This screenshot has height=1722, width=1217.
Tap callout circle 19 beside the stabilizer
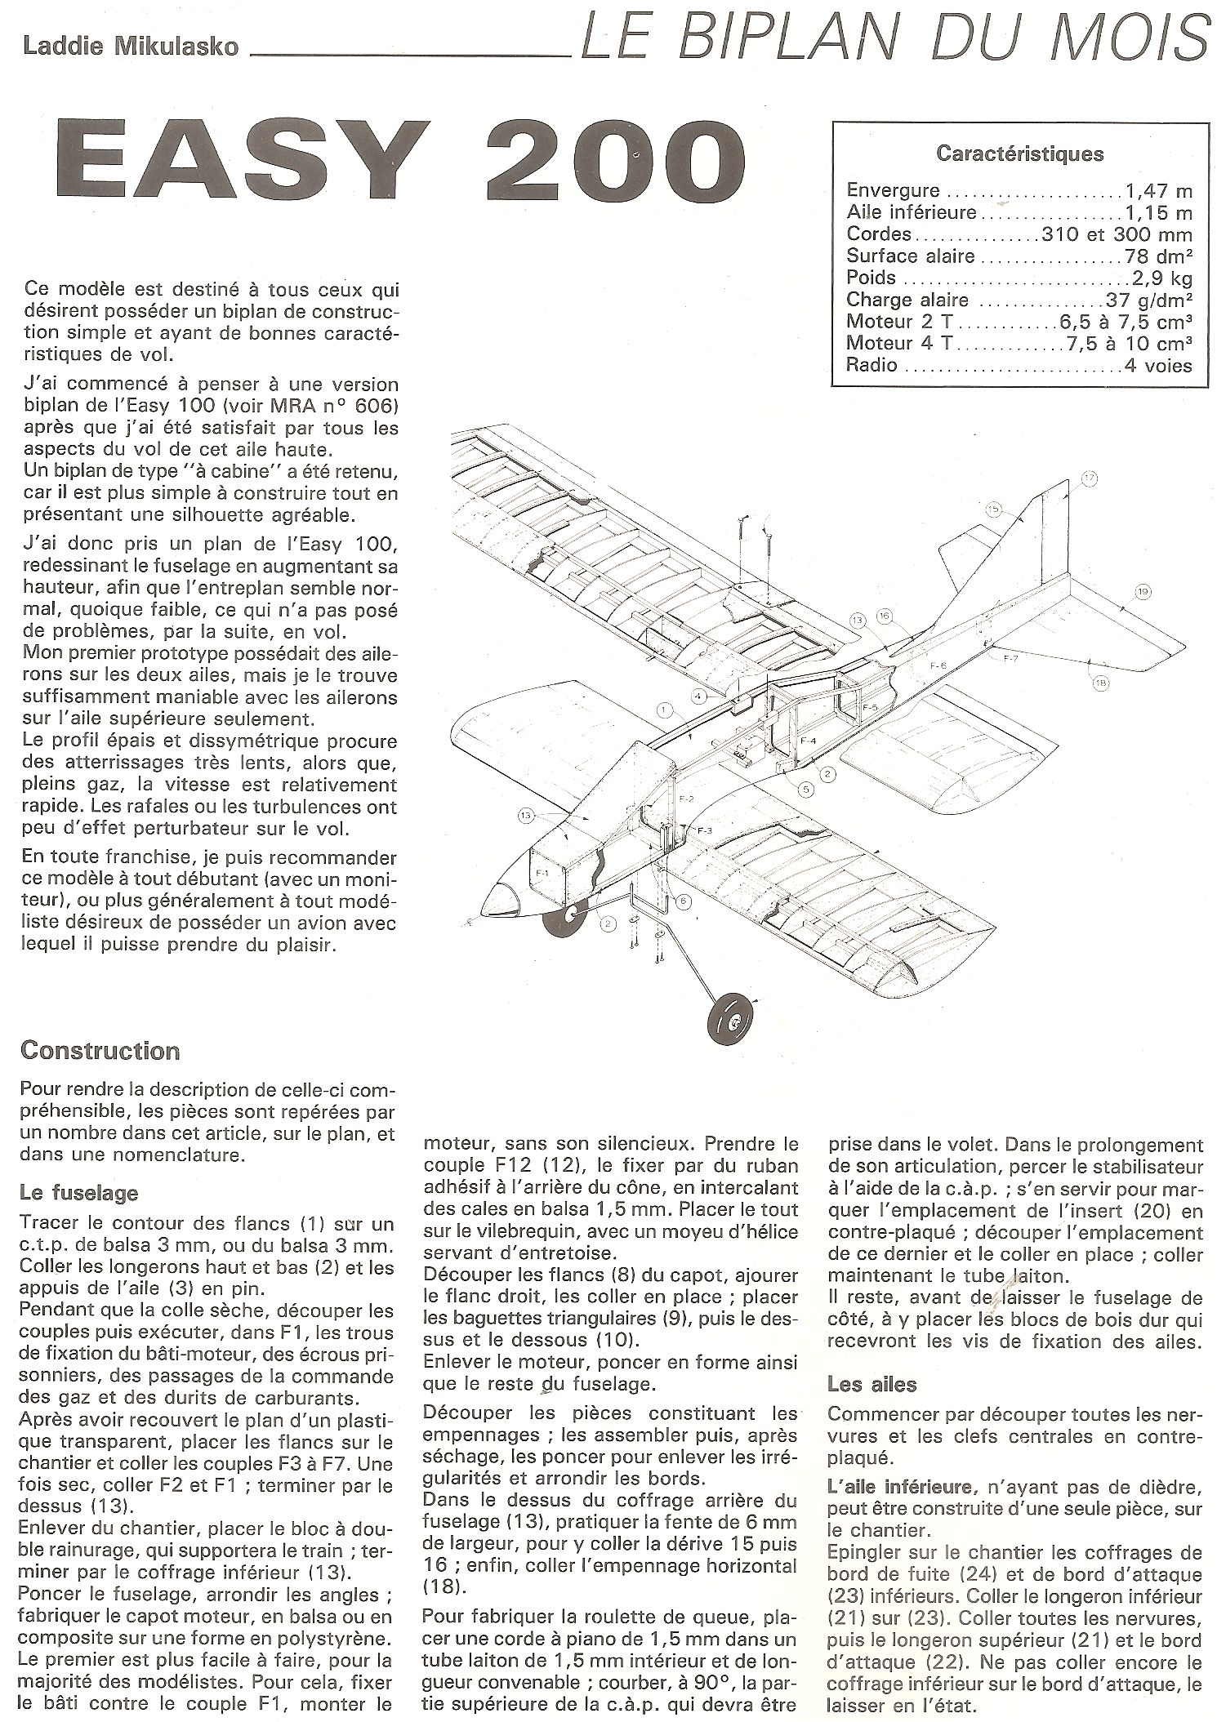[x=1142, y=591]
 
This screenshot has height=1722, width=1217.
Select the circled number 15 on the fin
[x=993, y=509]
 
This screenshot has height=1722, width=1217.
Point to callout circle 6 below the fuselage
[x=683, y=901]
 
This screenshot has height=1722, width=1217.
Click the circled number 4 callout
[x=699, y=696]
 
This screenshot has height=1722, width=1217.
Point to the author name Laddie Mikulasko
[x=131, y=47]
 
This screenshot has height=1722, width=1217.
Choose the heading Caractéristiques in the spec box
[x=1019, y=153]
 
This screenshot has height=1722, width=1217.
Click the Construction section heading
[x=100, y=1050]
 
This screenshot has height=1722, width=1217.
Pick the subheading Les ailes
[x=872, y=1384]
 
